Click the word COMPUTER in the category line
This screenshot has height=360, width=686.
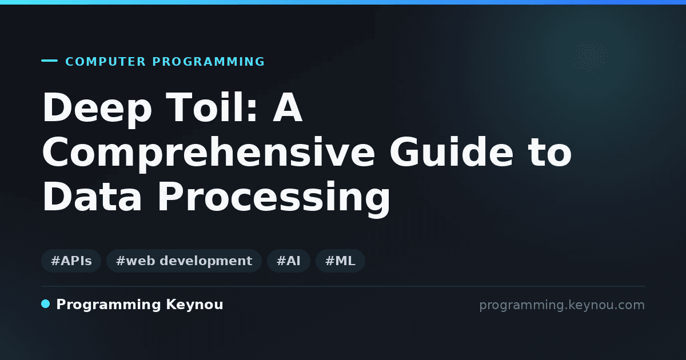[106, 62]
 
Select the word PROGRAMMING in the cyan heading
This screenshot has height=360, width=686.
[209, 62]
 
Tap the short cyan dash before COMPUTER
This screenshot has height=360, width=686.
[49, 61]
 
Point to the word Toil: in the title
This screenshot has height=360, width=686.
[212, 107]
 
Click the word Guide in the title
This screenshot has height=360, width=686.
[451, 151]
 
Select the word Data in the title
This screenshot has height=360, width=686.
[92, 196]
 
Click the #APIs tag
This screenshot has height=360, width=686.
[71, 261]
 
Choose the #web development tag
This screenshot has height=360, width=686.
[184, 261]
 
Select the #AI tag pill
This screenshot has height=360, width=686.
[289, 261]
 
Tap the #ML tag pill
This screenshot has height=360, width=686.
[340, 261]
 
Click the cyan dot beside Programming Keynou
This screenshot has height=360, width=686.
[46, 304]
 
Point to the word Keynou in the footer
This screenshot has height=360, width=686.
[194, 305]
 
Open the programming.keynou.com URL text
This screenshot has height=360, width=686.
[562, 305]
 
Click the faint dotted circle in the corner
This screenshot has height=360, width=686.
[591, 57]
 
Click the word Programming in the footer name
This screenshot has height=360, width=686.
[109, 305]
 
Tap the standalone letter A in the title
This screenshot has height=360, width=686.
[288, 107]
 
